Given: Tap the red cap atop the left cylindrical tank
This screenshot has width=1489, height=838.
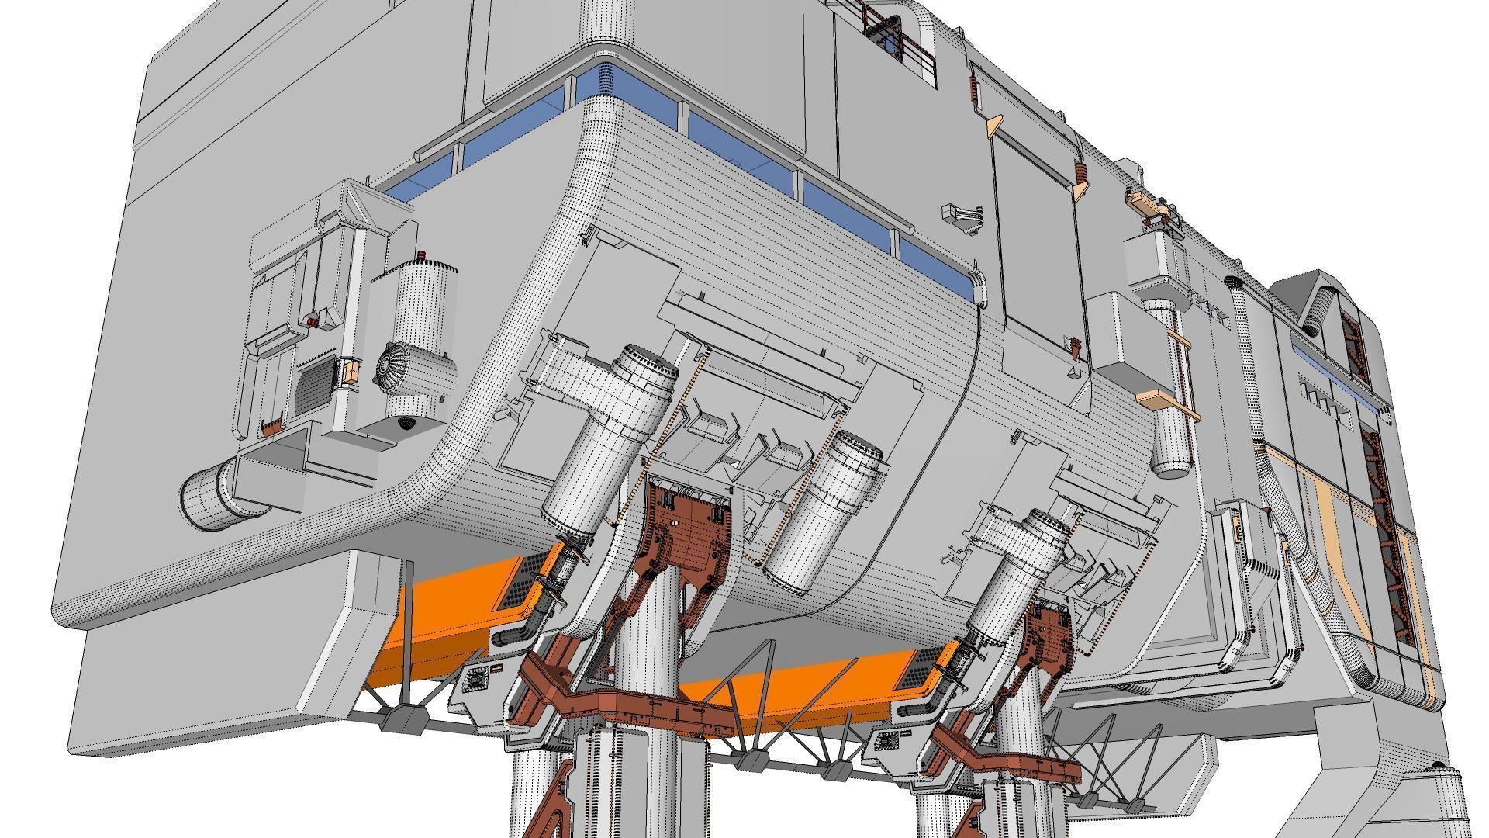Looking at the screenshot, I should point(421,255).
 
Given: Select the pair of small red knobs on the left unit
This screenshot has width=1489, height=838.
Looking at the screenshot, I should point(311,320).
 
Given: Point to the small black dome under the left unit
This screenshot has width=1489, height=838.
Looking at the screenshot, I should point(405,423).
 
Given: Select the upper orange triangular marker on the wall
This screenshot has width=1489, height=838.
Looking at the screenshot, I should point(994,123).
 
